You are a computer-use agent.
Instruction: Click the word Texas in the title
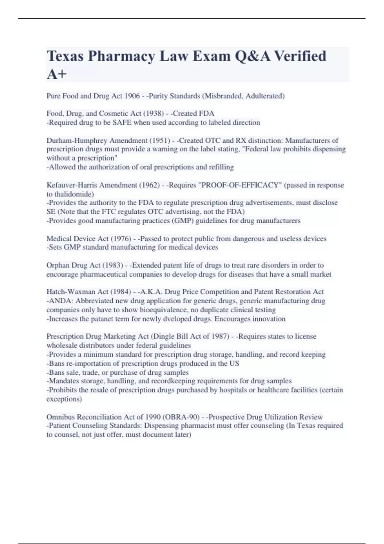(x=65, y=56)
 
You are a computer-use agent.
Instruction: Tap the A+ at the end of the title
(x=57, y=74)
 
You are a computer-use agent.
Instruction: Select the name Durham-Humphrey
(x=77, y=140)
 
